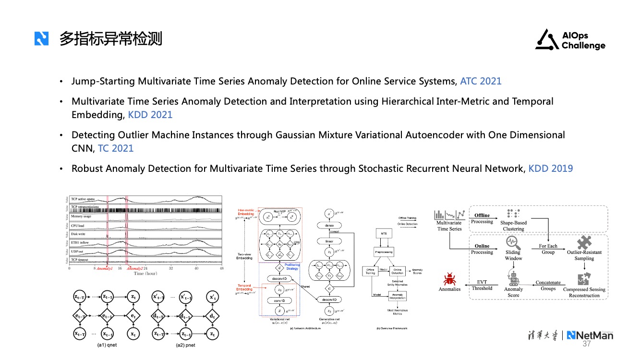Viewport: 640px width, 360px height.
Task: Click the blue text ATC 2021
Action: tap(481, 81)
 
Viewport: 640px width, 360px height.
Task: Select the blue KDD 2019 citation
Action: tap(550, 168)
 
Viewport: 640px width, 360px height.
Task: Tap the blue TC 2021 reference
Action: tap(116, 148)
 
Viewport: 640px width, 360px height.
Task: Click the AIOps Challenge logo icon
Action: tap(546, 40)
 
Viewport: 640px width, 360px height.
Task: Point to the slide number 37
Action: tap(587, 344)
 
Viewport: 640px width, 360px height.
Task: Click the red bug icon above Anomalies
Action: tap(450, 279)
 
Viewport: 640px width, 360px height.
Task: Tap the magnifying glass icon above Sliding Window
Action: tap(512, 241)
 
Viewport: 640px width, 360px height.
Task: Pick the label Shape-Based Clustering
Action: tap(513, 226)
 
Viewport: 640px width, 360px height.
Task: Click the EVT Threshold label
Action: tap(482, 285)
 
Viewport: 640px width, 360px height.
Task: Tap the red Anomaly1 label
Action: tap(105, 269)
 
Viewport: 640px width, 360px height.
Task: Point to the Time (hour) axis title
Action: tap(145, 274)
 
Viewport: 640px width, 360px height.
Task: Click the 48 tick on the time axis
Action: tap(222, 269)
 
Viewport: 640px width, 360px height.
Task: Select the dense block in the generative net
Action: tap(329, 226)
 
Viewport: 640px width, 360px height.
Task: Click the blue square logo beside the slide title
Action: tap(42, 38)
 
